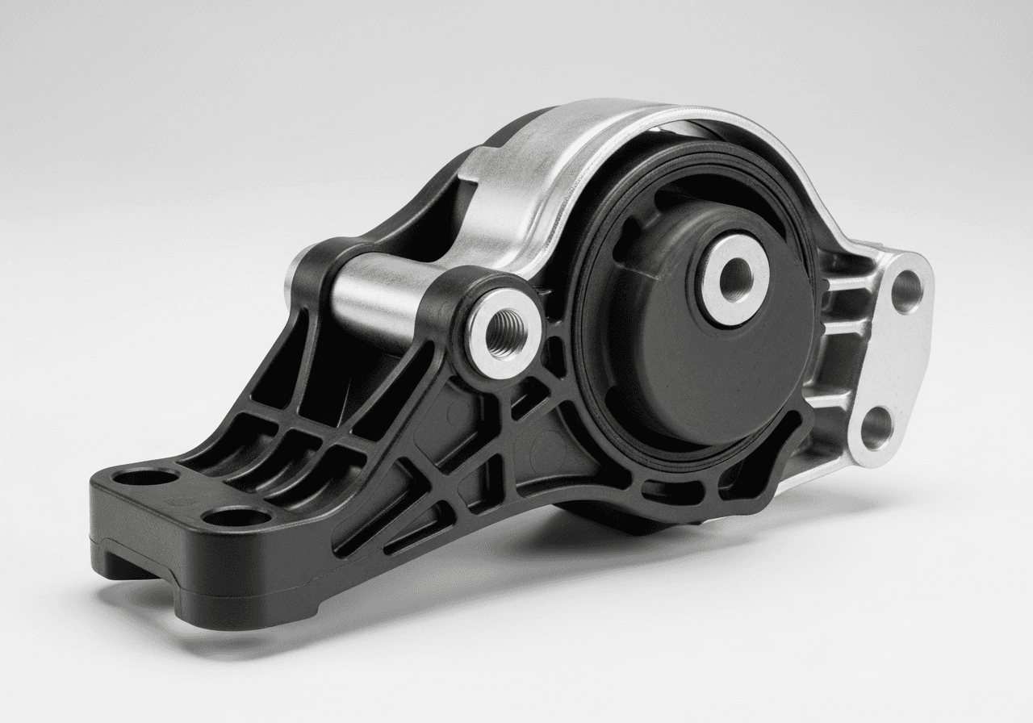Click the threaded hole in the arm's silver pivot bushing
[505, 333]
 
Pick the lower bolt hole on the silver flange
[877, 428]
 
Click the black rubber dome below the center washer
[710, 379]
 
